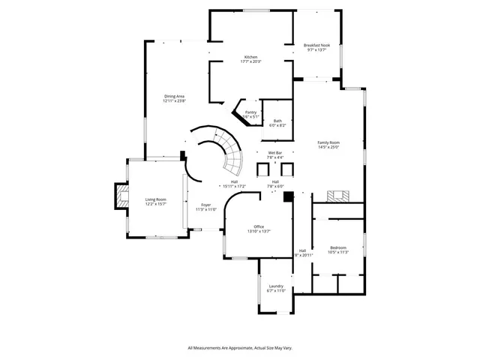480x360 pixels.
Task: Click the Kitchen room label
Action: [x=251, y=57]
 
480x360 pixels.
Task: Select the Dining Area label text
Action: [x=175, y=96]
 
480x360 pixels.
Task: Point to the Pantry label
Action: [x=250, y=112]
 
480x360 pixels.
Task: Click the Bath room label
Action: [x=277, y=121]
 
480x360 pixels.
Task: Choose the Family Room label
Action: [x=328, y=142]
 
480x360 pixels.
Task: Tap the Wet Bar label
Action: [x=275, y=153]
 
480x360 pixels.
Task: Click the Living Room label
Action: [x=155, y=199]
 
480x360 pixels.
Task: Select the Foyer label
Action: [x=205, y=205]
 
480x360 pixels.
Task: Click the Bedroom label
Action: [x=338, y=247]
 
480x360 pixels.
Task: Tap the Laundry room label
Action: [x=276, y=286]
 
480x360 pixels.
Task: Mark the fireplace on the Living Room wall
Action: [x=118, y=198]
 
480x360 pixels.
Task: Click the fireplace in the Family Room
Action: [x=337, y=196]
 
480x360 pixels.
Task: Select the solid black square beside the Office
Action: [x=288, y=197]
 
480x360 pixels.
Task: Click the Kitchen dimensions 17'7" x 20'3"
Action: [x=251, y=62]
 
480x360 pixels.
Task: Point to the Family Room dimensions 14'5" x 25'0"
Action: [x=328, y=148]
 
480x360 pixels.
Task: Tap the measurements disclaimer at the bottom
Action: [x=239, y=348]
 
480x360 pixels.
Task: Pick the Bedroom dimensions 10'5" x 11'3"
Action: [x=338, y=253]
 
